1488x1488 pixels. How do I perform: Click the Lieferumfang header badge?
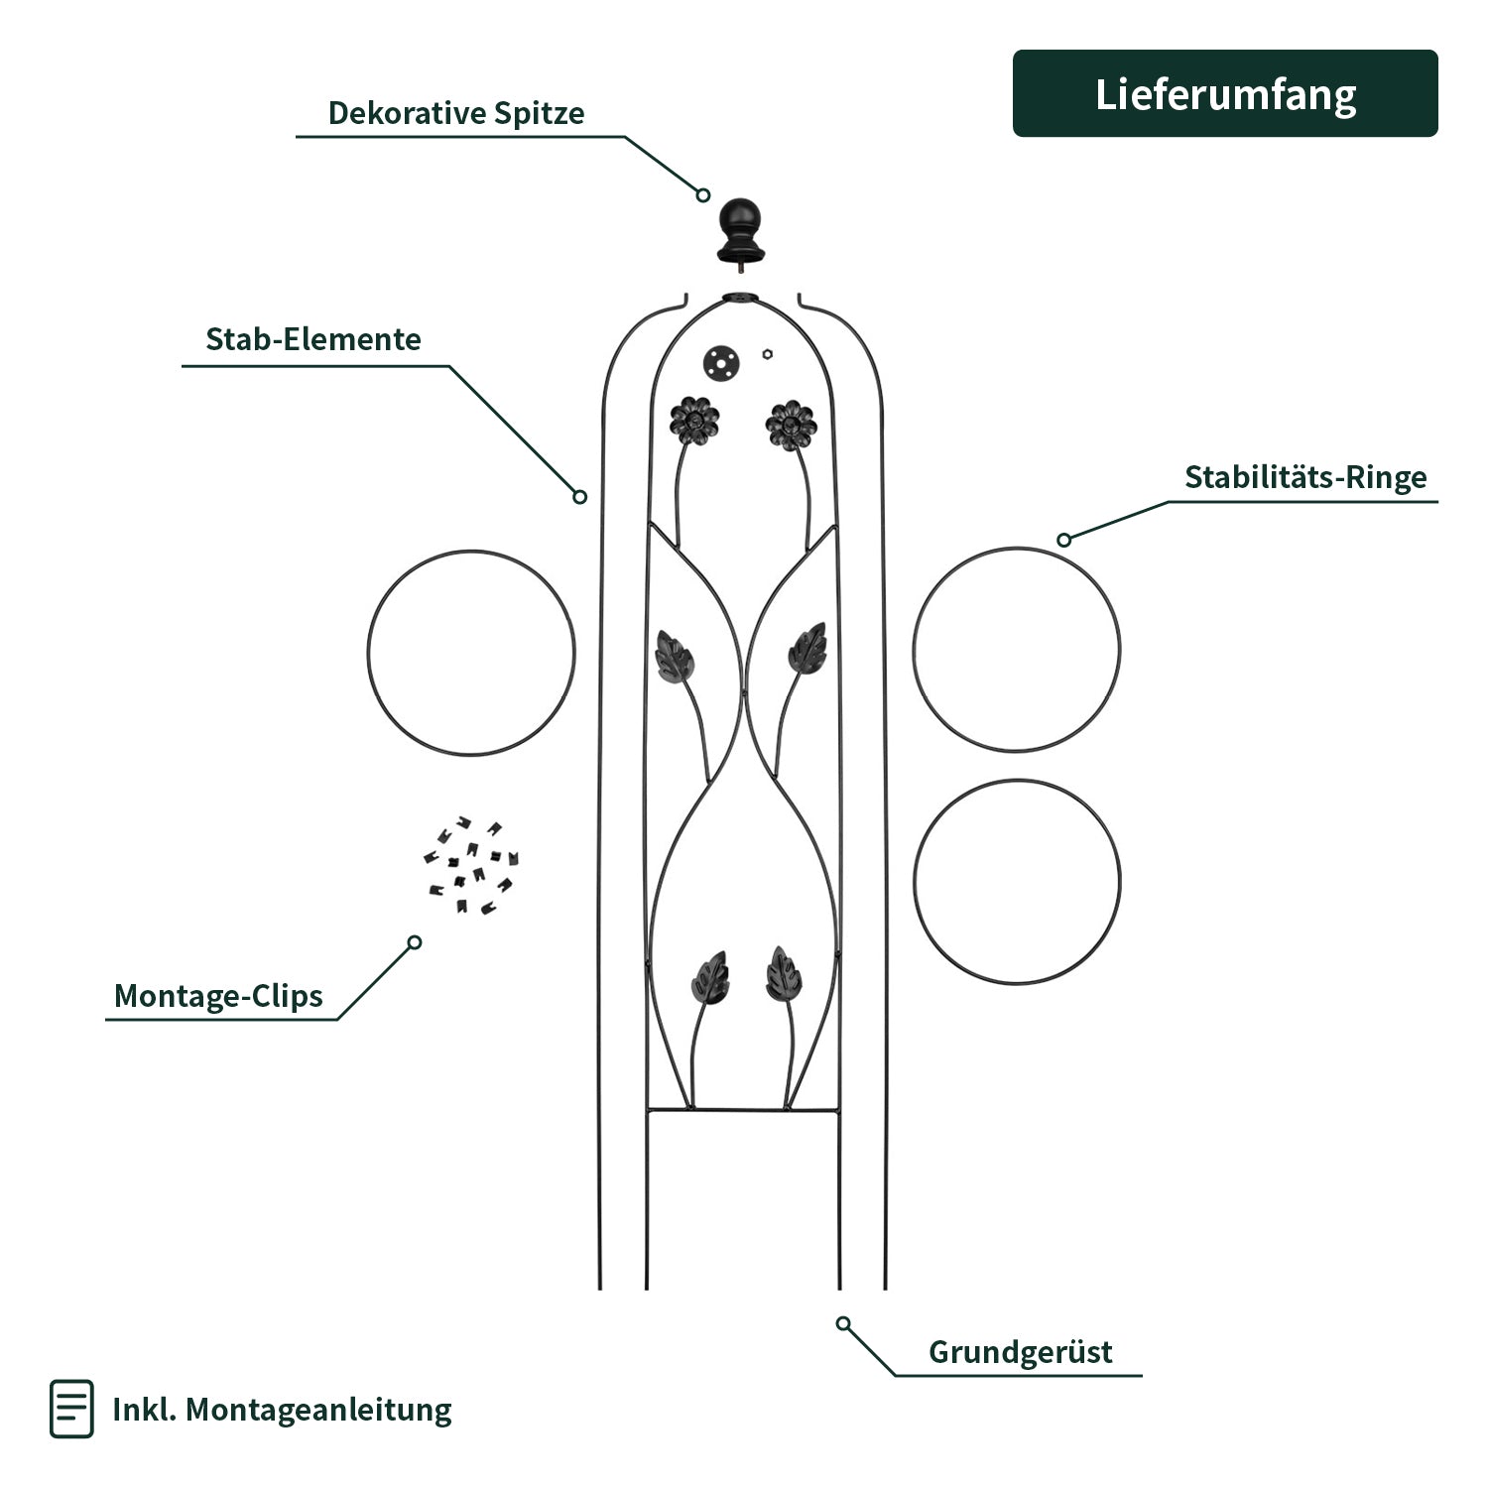(x=1225, y=93)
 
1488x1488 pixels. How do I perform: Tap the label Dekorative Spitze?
(x=455, y=113)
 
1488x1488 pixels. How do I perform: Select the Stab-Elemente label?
(x=313, y=339)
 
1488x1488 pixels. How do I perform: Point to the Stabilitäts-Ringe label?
(x=1305, y=477)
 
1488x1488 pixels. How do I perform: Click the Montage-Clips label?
(x=218, y=995)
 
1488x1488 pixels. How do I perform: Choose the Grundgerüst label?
(x=1020, y=1352)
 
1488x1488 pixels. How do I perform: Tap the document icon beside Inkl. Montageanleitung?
(x=71, y=1409)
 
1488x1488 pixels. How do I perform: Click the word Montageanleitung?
(x=317, y=1410)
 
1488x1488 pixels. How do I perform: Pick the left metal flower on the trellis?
(x=693, y=422)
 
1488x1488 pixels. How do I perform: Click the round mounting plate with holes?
(x=721, y=362)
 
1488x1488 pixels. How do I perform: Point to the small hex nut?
(x=768, y=352)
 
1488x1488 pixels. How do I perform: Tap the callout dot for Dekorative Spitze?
(x=702, y=195)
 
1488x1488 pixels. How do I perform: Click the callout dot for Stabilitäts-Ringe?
(x=1064, y=540)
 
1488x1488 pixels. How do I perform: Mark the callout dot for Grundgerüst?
(x=843, y=1323)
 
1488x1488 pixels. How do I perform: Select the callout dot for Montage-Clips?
(x=415, y=942)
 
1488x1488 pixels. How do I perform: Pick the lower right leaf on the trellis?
(x=784, y=972)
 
